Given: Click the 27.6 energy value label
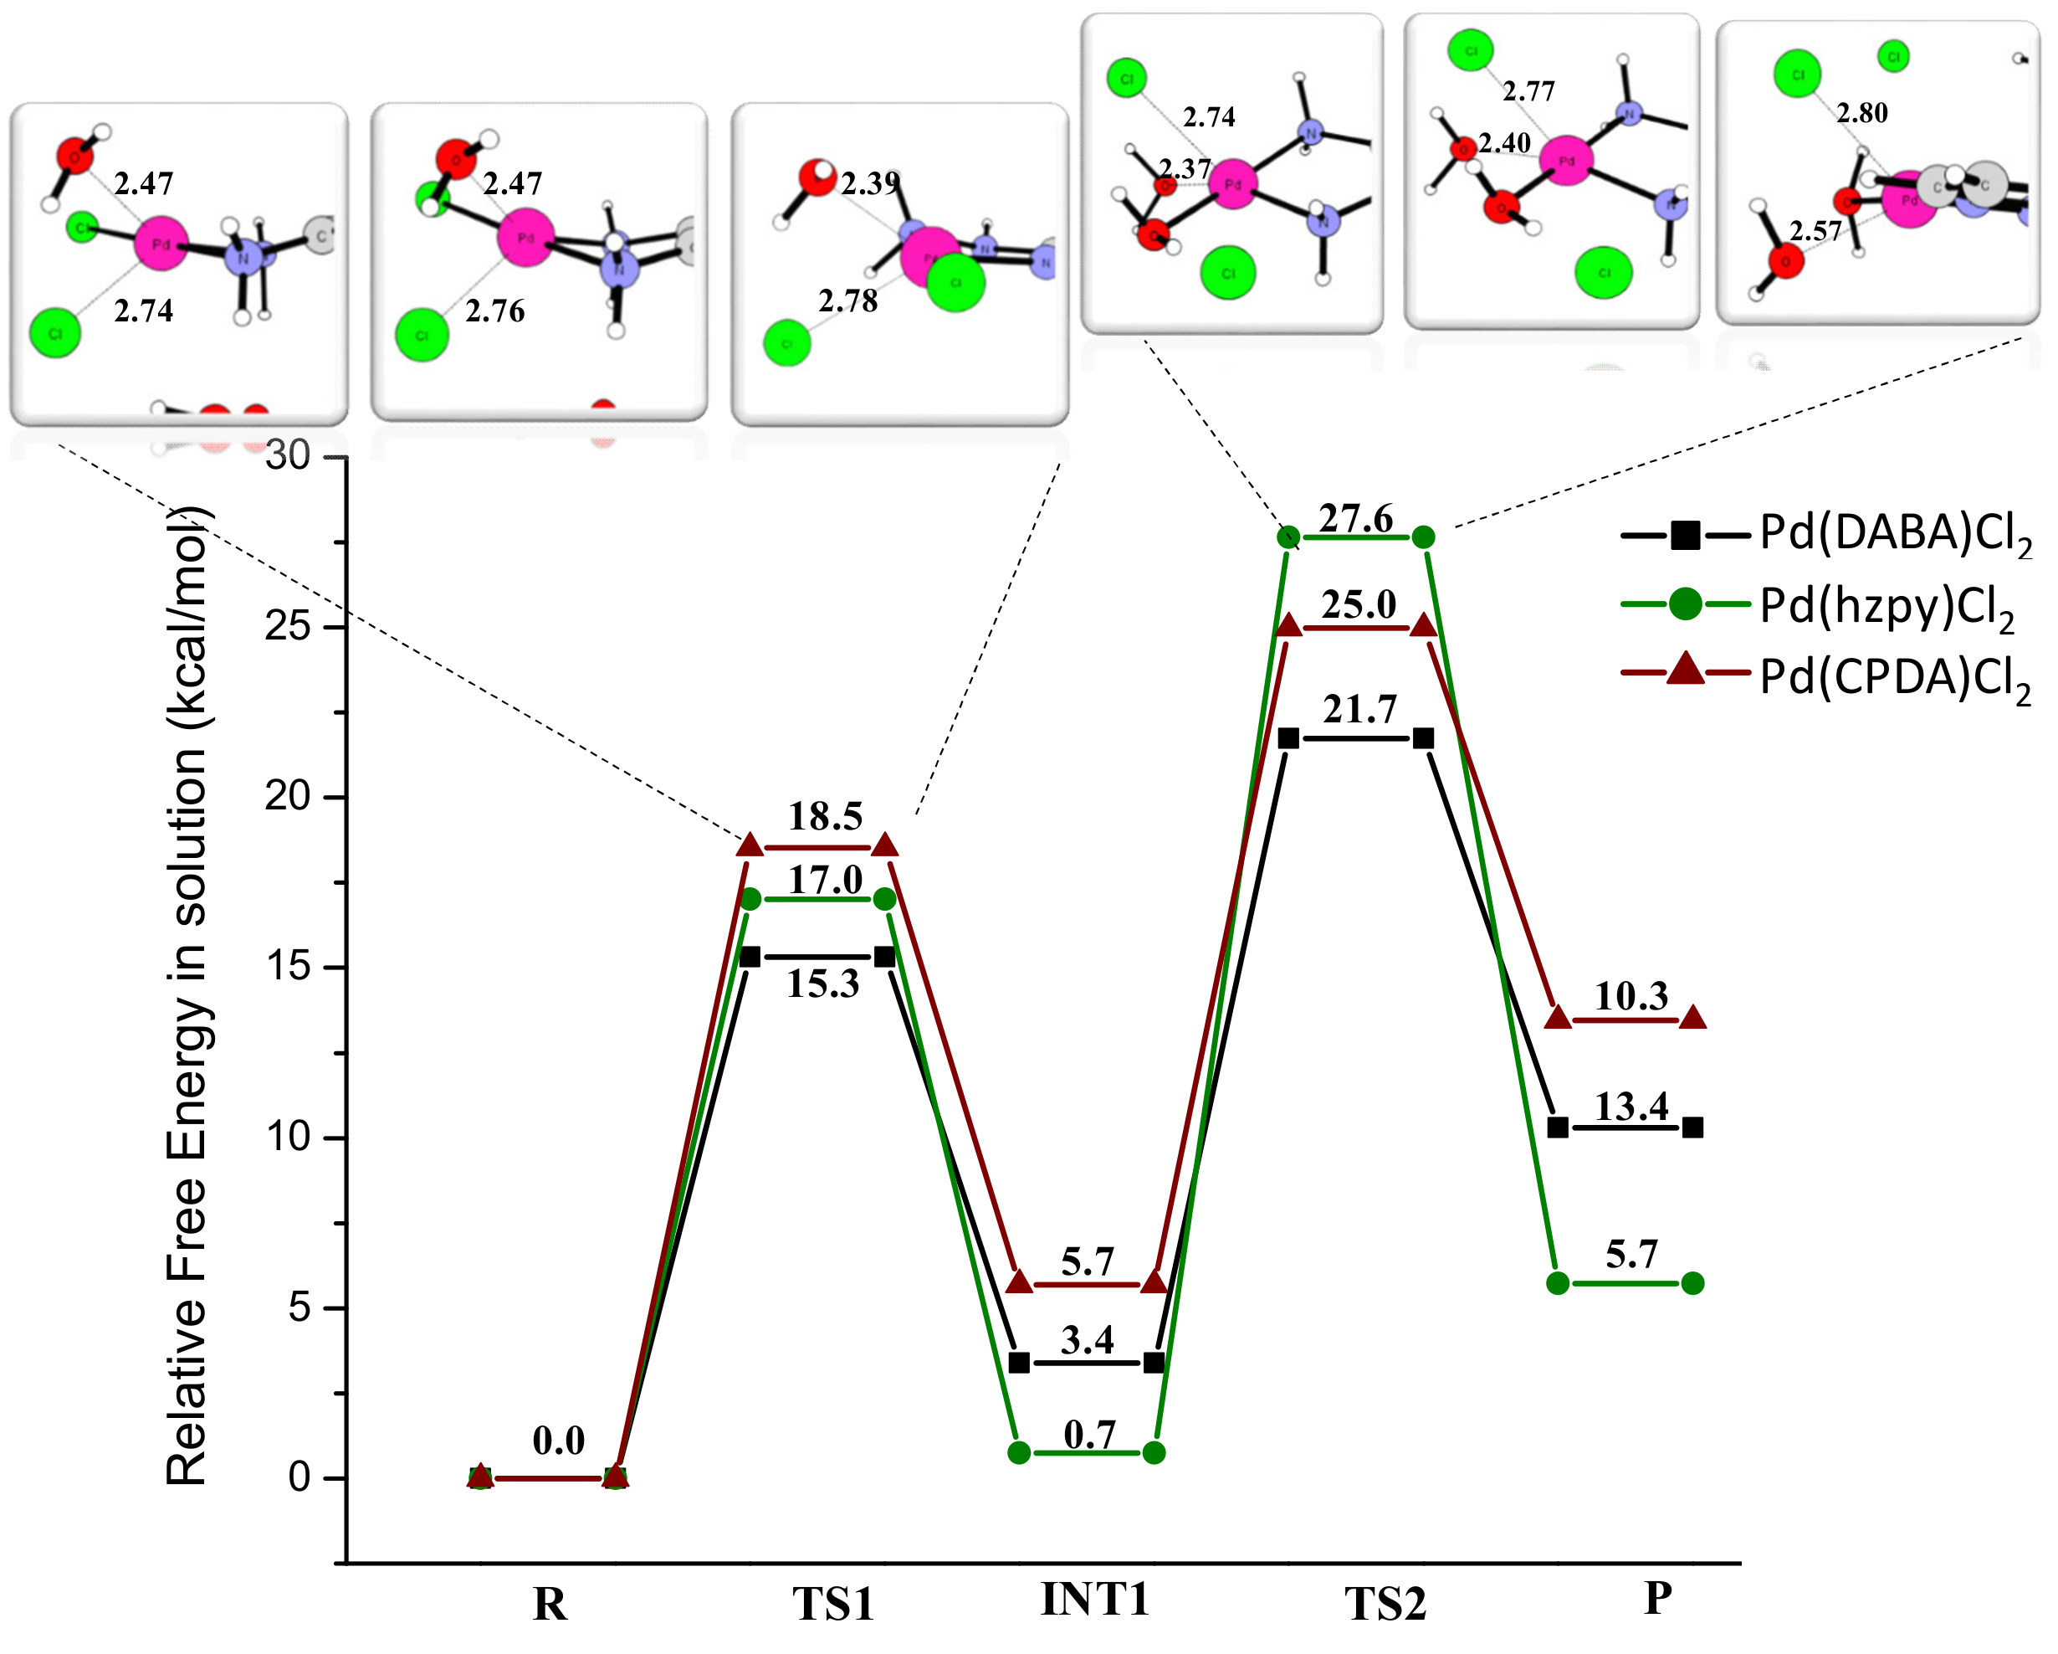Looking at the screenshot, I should point(1355,518).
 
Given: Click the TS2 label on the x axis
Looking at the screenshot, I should point(1385,1604).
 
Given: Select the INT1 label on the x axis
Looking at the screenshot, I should point(1095,1600).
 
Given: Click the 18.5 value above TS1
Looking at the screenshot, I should point(825,816).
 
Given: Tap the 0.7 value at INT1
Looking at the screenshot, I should point(1089,1436).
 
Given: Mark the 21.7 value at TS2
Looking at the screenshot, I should point(1359,710).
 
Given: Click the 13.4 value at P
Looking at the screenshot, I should point(1631,1107).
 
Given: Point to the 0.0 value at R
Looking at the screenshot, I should point(558,1440).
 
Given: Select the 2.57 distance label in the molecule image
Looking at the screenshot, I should point(1815,231).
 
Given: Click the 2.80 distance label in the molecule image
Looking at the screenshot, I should point(1861,113).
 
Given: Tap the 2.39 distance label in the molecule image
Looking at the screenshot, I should point(868,183).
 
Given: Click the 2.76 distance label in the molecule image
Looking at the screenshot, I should point(494,311).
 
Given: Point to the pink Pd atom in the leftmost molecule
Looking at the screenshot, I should point(161,244).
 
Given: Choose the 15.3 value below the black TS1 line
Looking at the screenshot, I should point(823,984).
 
